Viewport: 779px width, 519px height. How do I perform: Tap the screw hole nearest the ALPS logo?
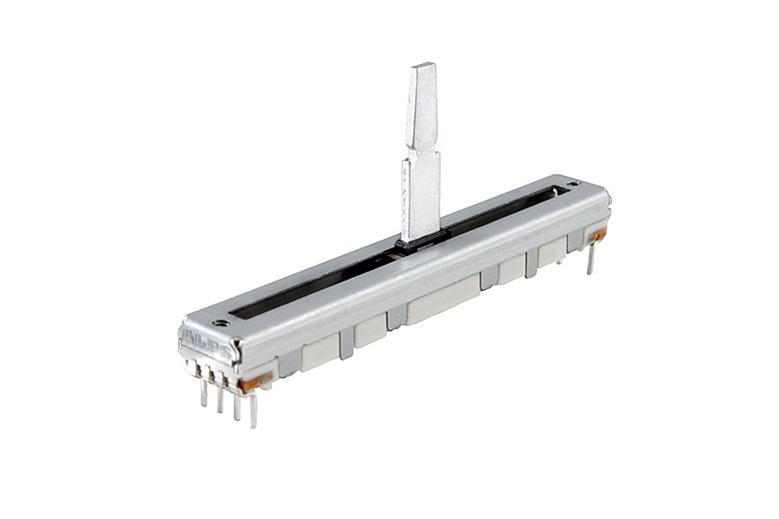pos(222,324)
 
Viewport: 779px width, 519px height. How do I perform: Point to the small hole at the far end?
pos(573,183)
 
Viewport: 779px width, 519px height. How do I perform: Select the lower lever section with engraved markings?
pos(421,196)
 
